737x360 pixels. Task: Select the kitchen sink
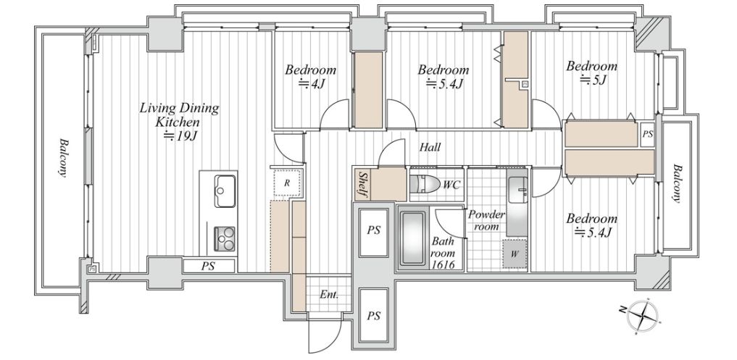click(225, 191)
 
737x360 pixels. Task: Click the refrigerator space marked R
click(287, 183)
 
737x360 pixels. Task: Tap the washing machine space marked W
click(515, 254)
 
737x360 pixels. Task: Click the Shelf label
click(363, 184)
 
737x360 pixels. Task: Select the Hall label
click(430, 148)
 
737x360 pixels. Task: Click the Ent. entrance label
click(329, 295)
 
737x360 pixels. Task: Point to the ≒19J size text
click(179, 137)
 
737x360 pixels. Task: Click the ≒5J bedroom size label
click(594, 80)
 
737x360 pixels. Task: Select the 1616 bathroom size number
click(443, 264)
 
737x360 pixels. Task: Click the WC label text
click(451, 185)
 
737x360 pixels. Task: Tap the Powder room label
click(486, 220)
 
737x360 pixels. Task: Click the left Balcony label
click(62, 157)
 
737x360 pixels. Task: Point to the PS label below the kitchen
click(208, 266)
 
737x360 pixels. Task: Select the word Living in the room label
click(156, 108)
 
